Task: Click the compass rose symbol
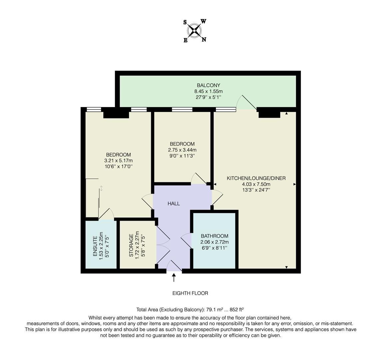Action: coord(194,31)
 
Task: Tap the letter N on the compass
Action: coord(204,40)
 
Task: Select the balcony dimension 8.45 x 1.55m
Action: coord(208,91)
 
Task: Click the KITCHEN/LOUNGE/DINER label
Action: coord(256,178)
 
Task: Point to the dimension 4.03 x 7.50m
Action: coord(256,184)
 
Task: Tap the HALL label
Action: coord(174,203)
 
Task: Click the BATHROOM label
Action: coord(214,236)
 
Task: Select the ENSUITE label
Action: coord(95,246)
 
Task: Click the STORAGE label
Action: coord(131,245)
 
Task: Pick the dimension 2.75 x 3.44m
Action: coord(182,150)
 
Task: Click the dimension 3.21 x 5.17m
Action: coord(118,160)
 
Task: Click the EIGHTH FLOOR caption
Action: coord(190,293)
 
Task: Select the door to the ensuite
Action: coord(106,214)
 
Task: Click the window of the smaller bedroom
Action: coord(182,109)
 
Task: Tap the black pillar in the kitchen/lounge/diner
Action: coord(269,114)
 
